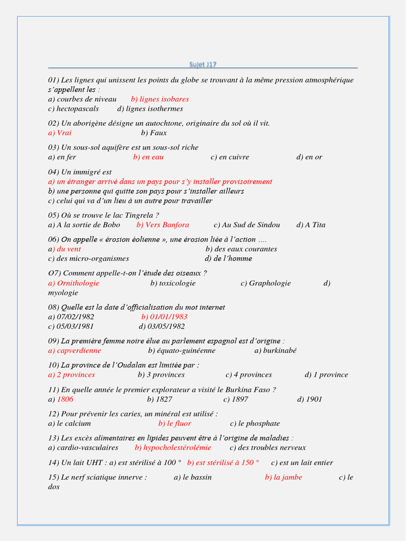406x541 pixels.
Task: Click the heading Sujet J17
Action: [x=203, y=64]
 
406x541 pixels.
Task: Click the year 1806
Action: [x=65, y=399]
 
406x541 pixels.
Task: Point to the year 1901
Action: [x=313, y=399]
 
